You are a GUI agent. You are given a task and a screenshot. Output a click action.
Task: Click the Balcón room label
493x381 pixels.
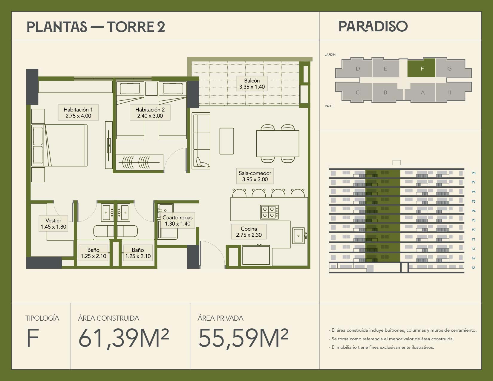(x=252, y=83)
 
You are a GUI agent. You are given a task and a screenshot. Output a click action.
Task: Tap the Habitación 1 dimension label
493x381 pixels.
(x=78, y=113)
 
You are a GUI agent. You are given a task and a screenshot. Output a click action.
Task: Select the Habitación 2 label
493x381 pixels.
(x=150, y=113)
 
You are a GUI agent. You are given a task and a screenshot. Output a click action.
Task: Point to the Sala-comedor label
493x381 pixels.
(x=255, y=176)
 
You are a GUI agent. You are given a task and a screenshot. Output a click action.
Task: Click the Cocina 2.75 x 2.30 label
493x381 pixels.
(x=249, y=232)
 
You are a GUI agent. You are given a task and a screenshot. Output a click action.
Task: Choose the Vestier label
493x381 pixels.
(x=53, y=223)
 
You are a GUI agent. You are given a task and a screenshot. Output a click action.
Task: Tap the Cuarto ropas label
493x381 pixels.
(x=177, y=220)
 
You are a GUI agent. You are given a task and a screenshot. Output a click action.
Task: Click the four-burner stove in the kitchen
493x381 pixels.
(x=269, y=212)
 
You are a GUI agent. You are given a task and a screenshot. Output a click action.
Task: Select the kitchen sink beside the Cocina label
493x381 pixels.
(x=298, y=235)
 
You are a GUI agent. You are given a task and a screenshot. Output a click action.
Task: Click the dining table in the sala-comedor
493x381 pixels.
(x=278, y=143)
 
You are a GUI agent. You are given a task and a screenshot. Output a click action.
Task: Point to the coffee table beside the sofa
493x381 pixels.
(x=227, y=141)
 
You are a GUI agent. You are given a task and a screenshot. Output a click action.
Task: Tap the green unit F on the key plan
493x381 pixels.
(x=421, y=68)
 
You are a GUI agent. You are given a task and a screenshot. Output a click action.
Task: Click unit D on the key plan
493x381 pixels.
(x=358, y=68)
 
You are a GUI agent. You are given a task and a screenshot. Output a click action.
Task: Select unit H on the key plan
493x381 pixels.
(x=449, y=92)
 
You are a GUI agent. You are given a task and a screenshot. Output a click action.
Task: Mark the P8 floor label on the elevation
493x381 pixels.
(x=474, y=173)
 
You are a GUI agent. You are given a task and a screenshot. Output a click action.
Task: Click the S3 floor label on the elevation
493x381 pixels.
(x=474, y=268)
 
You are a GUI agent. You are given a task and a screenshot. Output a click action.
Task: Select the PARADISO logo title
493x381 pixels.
(x=373, y=26)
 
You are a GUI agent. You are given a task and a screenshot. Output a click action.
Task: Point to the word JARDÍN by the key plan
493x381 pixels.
(x=330, y=54)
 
